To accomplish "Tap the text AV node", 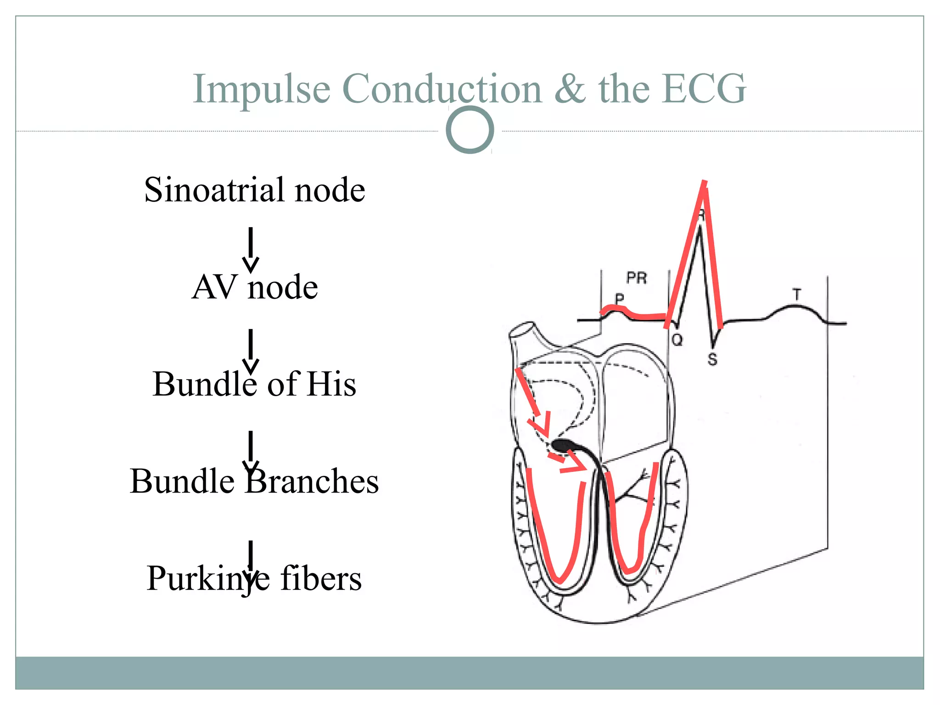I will coord(255,287).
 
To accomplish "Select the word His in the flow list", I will coord(332,384).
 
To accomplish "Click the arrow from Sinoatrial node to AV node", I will coord(251,250).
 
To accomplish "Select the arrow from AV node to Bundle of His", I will coord(251,351).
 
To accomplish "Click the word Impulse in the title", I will coord(261,89).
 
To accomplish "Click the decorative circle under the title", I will coord(470,130).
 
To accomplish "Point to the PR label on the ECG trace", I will coord(637,278).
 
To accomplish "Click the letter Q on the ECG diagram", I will coord(677,340).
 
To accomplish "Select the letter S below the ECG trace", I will coord(712,359).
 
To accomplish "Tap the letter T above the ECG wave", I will coord(796,294).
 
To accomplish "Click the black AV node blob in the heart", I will coord(562,445).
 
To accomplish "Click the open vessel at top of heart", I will coord(522,331).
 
